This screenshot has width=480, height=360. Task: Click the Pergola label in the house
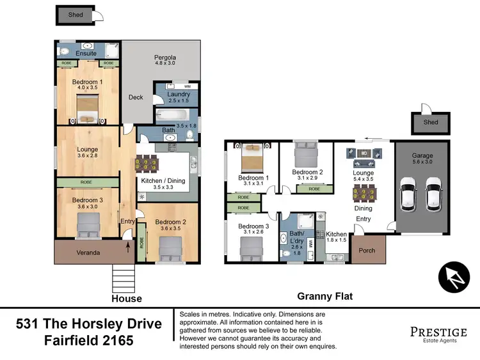164,58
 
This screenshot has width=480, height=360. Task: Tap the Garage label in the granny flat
422,155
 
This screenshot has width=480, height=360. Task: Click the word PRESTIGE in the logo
438,331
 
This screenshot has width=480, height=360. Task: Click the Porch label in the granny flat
367,251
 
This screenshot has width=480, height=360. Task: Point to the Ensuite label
86,54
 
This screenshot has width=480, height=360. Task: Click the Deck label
136,98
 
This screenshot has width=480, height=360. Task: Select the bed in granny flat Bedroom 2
306,154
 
